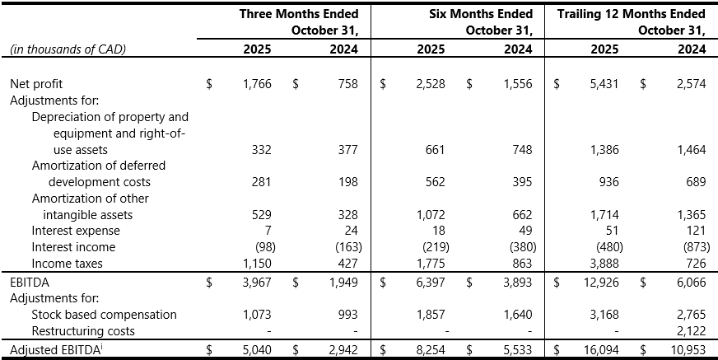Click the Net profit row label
click(x=36, y=84)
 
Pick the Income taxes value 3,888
click(x=608, y=264)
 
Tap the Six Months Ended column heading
click(x=481, y=14)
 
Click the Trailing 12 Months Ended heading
click(x=632, y=14)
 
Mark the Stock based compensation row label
click(x=104, y=315)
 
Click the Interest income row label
click(x=73, y=247)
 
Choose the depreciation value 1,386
click(x=608, y=150)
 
